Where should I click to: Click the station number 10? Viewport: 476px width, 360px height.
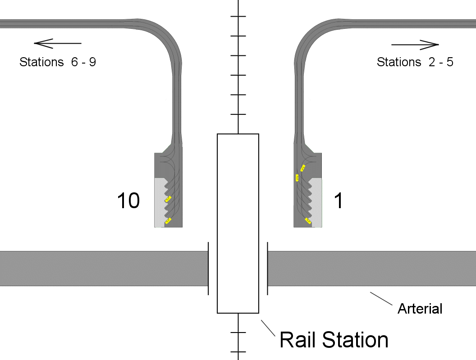128,201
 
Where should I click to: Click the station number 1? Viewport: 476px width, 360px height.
338,201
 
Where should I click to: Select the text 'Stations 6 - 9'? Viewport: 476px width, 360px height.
58,62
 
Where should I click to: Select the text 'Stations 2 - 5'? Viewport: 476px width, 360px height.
415,62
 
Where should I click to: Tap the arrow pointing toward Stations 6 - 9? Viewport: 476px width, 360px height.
57,43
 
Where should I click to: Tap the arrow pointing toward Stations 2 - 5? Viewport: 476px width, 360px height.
415,45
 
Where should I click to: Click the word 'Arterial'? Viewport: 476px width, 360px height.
420,309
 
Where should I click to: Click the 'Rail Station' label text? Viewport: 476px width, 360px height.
334,339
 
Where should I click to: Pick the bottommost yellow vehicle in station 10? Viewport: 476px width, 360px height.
168,220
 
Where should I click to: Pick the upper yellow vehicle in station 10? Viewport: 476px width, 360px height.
168,198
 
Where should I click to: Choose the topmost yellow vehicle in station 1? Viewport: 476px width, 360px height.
303,168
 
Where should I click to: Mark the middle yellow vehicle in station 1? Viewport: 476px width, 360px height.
297,178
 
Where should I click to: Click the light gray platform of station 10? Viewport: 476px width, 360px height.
159,203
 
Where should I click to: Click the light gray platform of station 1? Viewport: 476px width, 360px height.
318,203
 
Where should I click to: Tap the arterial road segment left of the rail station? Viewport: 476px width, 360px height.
104,268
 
